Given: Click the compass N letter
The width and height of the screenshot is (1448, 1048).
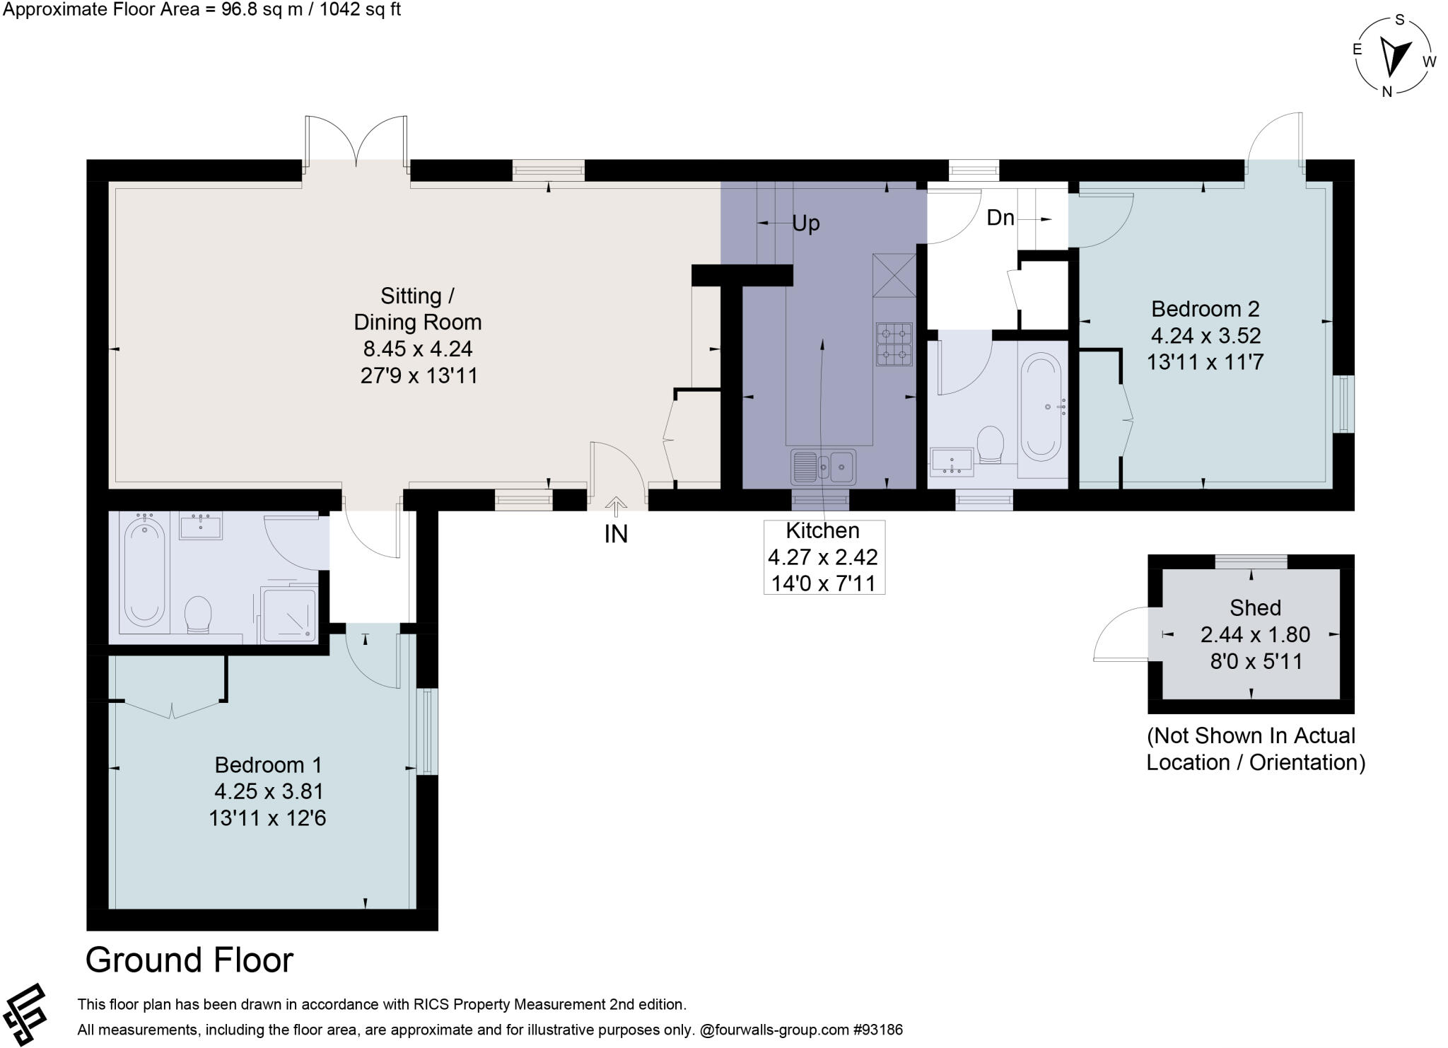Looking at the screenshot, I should pos(1386,91).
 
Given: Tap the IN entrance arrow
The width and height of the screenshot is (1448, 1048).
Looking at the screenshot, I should pos(616,506).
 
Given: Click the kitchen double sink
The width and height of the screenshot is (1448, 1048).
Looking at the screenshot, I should pos(824,466).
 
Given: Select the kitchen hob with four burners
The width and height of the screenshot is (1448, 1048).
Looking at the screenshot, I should pos(894,344).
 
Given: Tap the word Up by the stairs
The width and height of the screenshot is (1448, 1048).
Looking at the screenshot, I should pos(806,223).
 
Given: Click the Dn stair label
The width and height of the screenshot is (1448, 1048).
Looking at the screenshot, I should pos(1000,218).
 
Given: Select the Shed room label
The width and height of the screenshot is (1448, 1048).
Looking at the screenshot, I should pos(1255,607).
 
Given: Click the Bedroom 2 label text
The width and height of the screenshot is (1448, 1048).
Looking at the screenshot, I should pos(1205,309).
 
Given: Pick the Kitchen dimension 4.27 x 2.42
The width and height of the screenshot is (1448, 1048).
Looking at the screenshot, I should pos(823,557).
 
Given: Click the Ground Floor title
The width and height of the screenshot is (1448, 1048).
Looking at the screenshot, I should pos(189,960).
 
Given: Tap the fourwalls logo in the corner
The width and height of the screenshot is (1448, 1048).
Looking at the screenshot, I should pos(25,1013).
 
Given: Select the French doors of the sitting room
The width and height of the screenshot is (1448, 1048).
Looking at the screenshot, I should pos(356,141).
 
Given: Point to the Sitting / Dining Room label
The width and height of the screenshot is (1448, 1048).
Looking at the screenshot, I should pos(418,309).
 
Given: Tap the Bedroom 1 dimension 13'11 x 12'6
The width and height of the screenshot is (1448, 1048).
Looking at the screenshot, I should pos(267,818).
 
